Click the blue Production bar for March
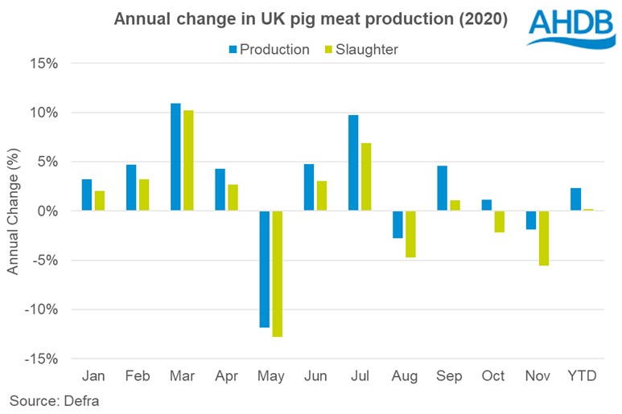(x=175, y=157)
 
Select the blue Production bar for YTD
(x=575, y=199)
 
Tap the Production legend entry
(x=269, y=49)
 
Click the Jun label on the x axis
(x=315, y=376)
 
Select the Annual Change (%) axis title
(x=14, y=211)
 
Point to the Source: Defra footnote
(x=47, y=400)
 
